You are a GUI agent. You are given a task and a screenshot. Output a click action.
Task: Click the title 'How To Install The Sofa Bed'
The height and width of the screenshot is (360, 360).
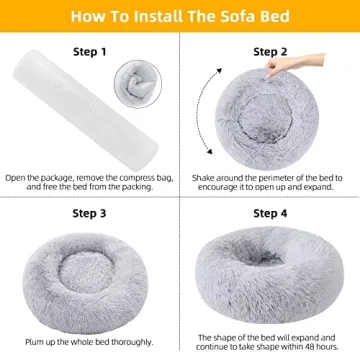point(180,16)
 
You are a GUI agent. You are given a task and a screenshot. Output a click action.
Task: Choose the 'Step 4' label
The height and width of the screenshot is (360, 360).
point(270,213)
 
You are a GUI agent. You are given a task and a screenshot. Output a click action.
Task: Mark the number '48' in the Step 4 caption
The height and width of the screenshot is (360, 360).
point(314,345)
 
